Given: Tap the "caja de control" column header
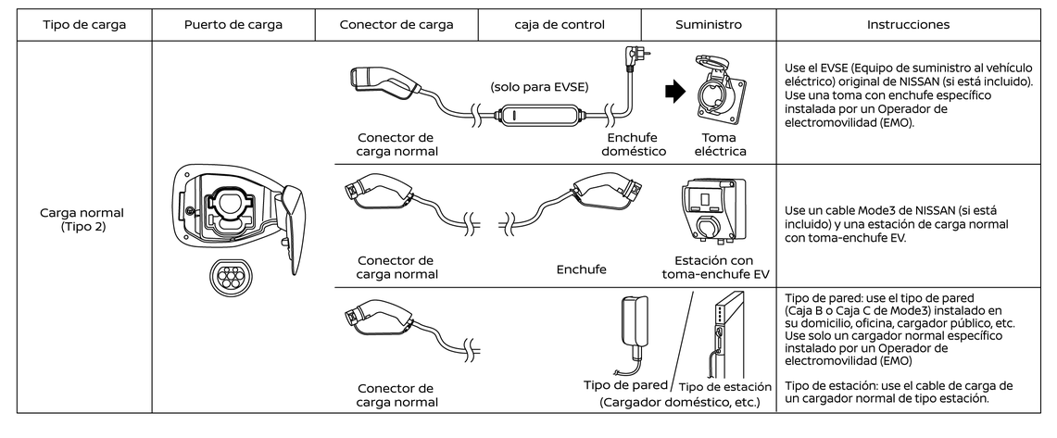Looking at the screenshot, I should (x=559, y=25).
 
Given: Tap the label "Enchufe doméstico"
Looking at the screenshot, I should (x=626, y=144).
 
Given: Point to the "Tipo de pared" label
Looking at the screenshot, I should (x=626, y=384).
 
